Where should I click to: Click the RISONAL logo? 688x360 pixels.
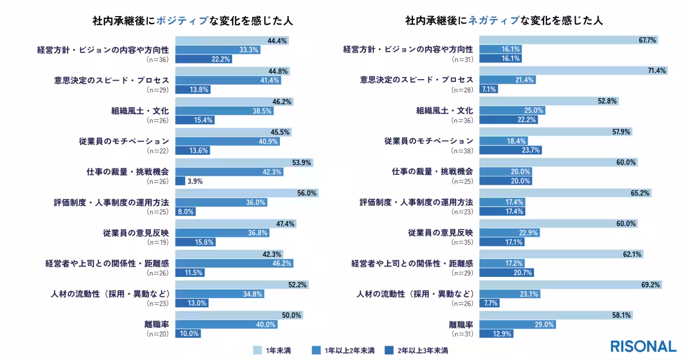pos(643,346)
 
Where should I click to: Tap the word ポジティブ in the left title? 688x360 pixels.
pos(187,21)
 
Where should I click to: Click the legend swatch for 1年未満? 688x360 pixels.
pos(257,350)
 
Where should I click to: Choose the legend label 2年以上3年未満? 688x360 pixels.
pos(424,350)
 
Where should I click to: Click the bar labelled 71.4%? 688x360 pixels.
pos(573,71)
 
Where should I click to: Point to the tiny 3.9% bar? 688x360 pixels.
pos(180,181)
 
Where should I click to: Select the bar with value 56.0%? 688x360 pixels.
pos(246,193)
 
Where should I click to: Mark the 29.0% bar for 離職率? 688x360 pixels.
pos(518,324)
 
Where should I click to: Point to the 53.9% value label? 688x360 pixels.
pos(302,163)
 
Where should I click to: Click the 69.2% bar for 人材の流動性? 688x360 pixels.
pos(571,284)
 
